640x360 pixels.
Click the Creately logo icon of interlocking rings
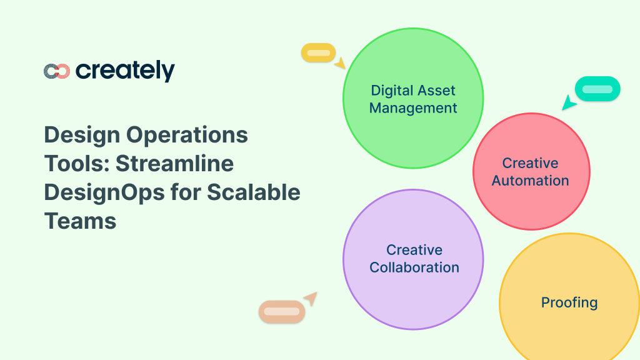pyautogui.click(x=56, y=71)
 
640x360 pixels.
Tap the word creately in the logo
pyautogui.click(x=125, y=71)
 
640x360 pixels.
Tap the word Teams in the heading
pyautogui.click(x=80, y=221)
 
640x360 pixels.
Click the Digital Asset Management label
pyautogui.click(x=413, y=99)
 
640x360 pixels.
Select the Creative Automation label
pyautogui.click(x=531, y=172)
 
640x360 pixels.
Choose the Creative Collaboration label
pyautogui.click(x=414, y=259)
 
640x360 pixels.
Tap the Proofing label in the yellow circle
pyautogui.click(x=569, y=302)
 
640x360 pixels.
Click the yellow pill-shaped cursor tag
pyautogui.click(x=318, y=53)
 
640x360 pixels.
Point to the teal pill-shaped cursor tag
pyautogui.click(x=597, y=89)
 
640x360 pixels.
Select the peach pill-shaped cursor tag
pyautogui.click(x=281, y=311)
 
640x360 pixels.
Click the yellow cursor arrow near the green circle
pyautogui.click(x=339, y=63)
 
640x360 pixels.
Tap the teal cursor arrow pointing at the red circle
pyautogui.click(x=569, y=103)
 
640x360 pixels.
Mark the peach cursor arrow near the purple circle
pyautogui.click(x=311, y=298)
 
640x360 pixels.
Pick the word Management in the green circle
pyautogui.click(x=413, y=108)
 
